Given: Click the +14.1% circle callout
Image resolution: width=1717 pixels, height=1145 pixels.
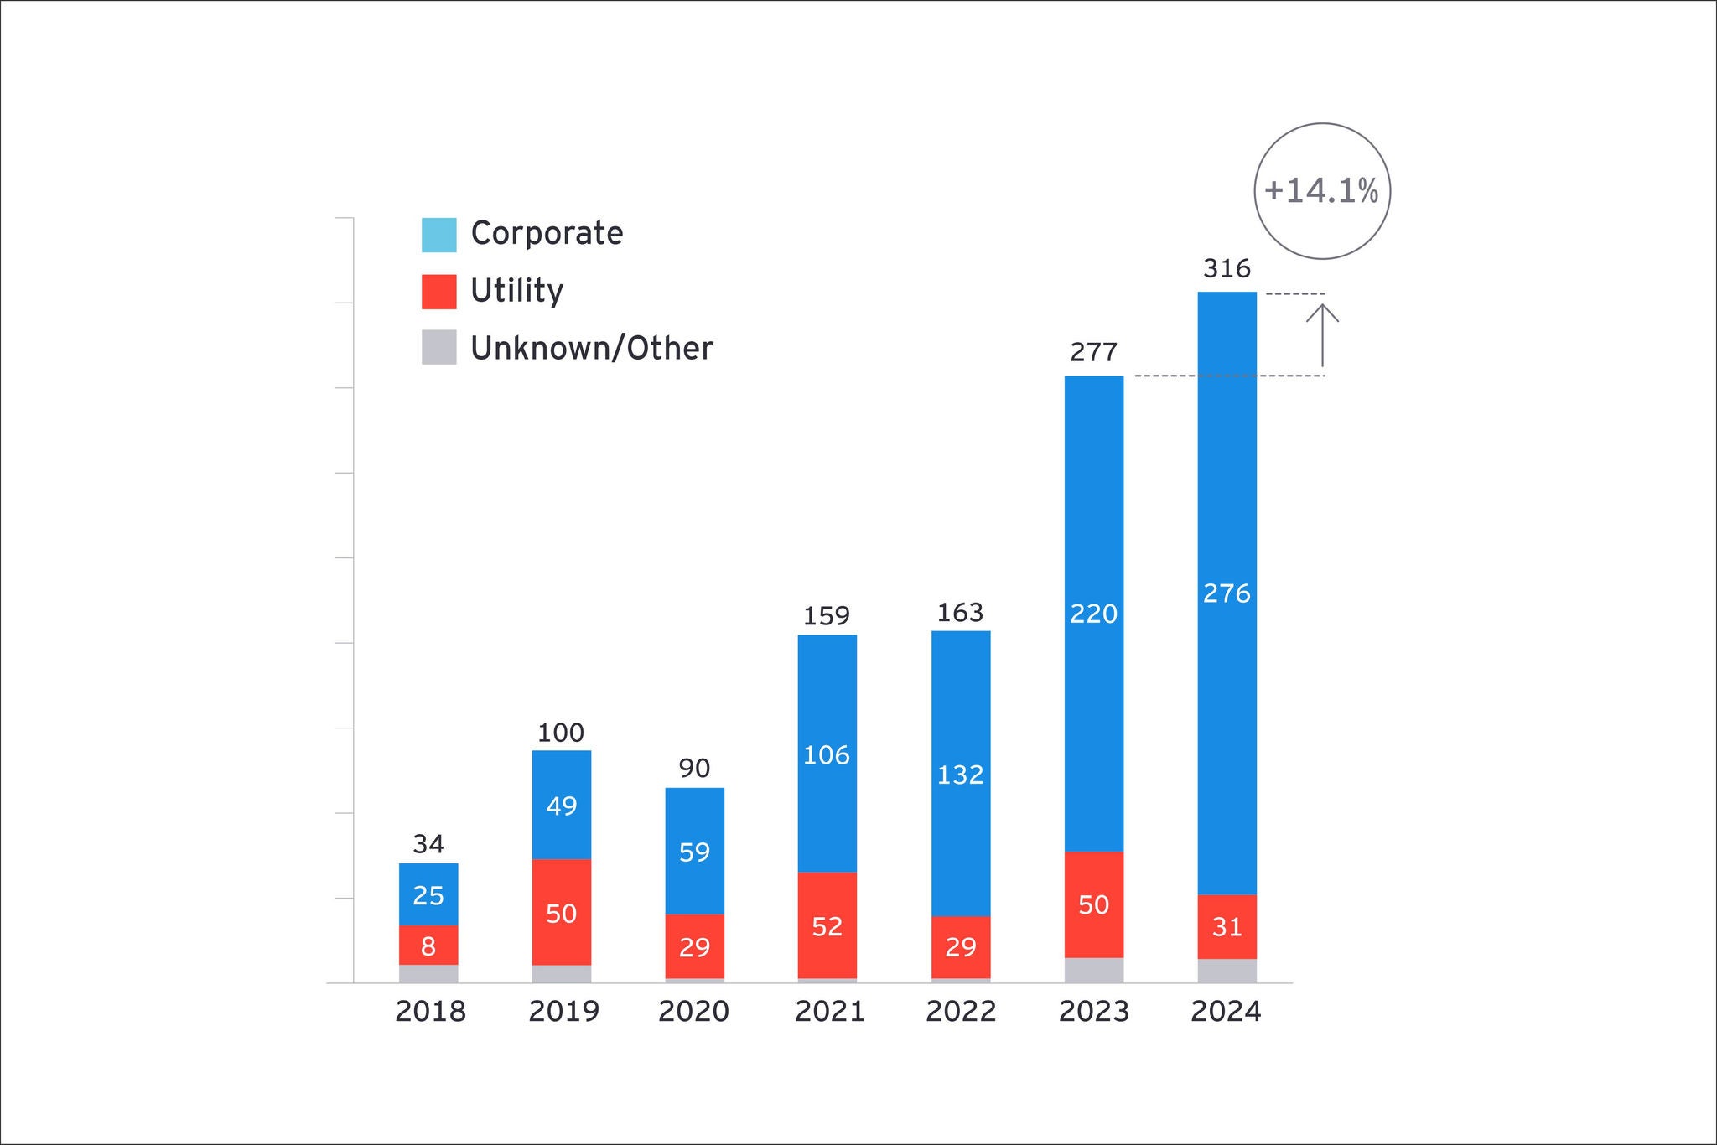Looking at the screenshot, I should tap(1321, 191).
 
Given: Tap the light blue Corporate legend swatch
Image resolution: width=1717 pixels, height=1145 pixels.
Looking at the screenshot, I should tap(438, 235).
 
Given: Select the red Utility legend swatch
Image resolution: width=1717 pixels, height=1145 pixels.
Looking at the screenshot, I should tap(438, 292).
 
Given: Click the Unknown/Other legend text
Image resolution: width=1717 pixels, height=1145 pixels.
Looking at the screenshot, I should tap(591, 348).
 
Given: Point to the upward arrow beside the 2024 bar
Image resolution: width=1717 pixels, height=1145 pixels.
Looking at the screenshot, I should tap(1322, 335).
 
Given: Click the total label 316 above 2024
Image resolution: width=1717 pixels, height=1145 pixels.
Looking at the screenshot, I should tap(1227, 269).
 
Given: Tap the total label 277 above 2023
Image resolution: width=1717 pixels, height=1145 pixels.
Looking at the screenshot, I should tap(1093, 352).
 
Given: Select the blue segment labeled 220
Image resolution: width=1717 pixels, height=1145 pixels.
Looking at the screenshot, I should tap(1093, 614).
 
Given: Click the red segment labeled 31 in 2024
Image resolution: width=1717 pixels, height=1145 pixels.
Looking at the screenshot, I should tap(1227, 926).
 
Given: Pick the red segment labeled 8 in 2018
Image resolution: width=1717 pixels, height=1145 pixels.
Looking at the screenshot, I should tap(428, 946).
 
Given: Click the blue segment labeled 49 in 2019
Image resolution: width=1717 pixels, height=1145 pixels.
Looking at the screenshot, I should tap(561, 805).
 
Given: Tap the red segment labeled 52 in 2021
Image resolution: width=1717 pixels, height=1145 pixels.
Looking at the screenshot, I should tap(827, 925).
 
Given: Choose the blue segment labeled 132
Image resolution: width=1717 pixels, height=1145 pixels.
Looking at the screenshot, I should tap(960, 774).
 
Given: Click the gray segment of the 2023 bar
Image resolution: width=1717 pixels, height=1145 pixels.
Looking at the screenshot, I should tap(1093, 970).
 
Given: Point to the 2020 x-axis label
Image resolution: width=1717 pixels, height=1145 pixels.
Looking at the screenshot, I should tap(693, 1012).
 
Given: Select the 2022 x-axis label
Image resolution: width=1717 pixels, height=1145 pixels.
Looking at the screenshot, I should tap(960, 1012).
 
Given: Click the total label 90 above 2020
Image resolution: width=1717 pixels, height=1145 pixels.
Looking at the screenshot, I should tap(694, 768).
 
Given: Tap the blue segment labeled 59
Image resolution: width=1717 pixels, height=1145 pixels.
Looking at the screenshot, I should tap(694, 852).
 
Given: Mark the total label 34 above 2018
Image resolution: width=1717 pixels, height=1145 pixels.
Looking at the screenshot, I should tap(428, 843).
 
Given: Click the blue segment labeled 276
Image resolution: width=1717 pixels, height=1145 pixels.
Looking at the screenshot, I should tap(1227, 593).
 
